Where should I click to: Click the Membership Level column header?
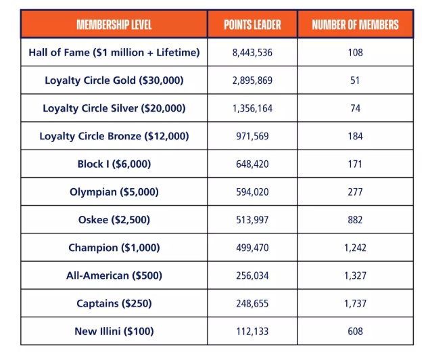pos(114,24)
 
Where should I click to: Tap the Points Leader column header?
pos(252,24)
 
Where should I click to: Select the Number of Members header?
pos(356,24)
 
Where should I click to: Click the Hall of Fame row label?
pos(114,52)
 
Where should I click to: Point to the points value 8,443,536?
pos(252,52)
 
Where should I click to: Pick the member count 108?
pos(356,52)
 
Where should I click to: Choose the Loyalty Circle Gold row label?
pos(114,81)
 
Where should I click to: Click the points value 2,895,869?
pos(252,81)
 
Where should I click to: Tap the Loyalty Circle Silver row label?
pos(114,108)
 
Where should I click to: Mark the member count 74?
pos(356,108)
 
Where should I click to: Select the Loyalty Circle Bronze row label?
pos(114,136)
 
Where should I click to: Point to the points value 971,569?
pos(252,136)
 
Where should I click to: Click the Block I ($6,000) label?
pos(114,164)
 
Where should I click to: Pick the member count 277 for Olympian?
pos(356,192)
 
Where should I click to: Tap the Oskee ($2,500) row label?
pos(114,220)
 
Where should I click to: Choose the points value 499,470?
pos(252,248)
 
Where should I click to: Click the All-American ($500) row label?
pos(114,275)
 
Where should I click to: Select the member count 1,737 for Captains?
pos(356,303)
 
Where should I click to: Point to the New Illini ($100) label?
pos(114,332)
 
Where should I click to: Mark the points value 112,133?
pos(252,332)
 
